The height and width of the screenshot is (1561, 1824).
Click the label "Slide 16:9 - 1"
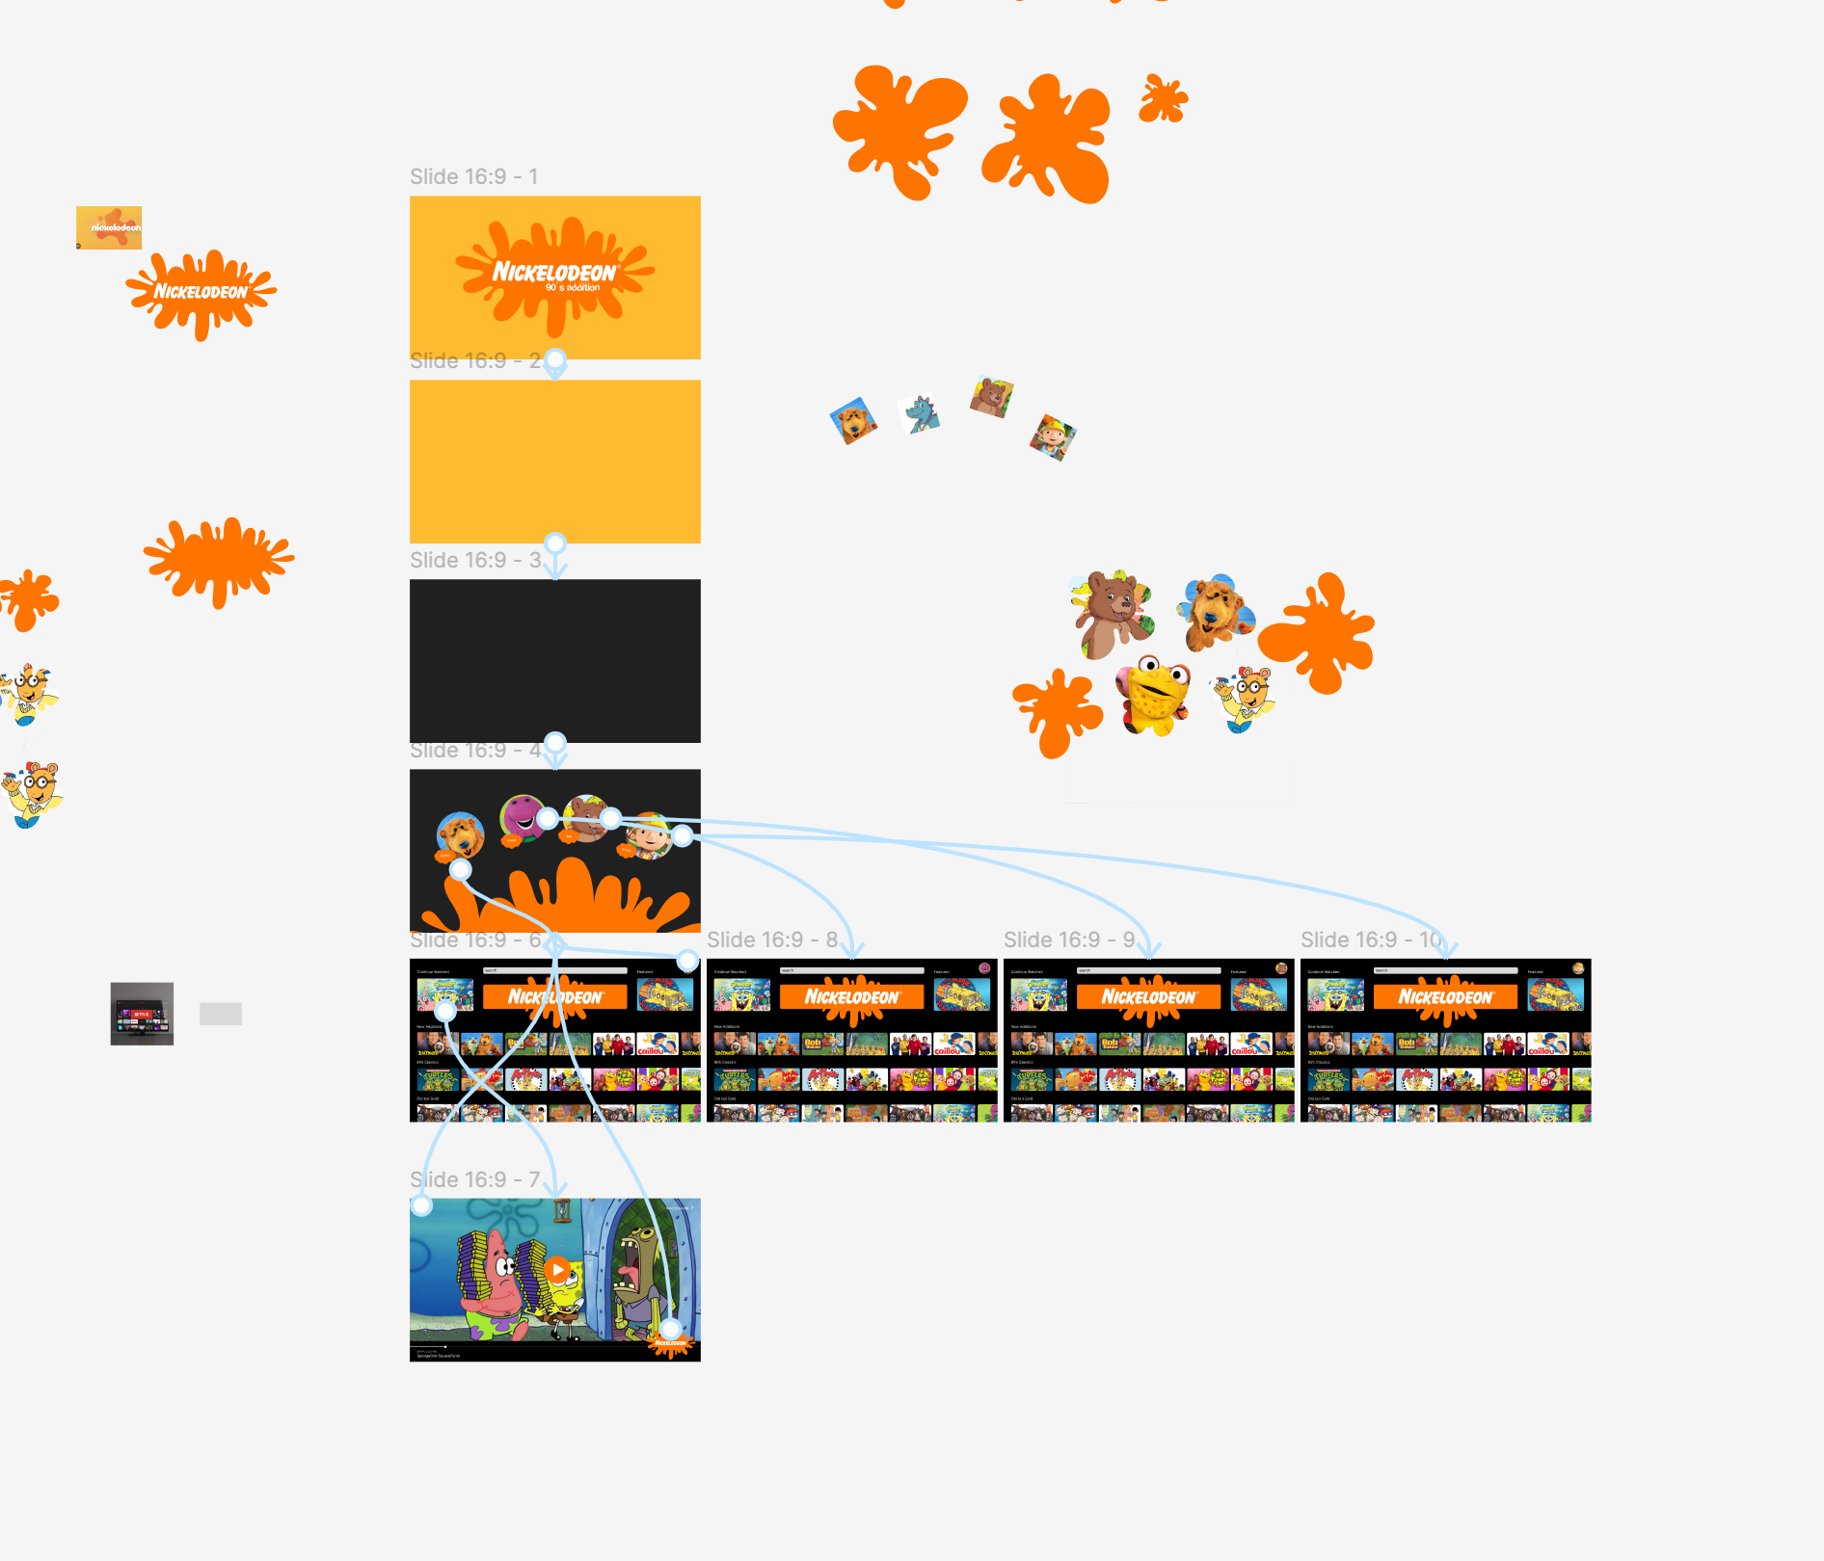[473, 177]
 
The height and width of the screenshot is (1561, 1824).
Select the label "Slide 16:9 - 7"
[473, 1180]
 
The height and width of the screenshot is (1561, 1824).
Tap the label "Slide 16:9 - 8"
[772, 940]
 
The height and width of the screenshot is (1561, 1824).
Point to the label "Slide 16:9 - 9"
[1069, 940]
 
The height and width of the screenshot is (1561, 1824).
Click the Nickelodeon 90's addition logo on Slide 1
[554, 275]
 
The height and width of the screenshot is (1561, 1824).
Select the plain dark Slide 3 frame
[554, 660]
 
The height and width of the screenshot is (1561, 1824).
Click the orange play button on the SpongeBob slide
[557, 1269]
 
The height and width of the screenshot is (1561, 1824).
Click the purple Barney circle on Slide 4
[522, 816]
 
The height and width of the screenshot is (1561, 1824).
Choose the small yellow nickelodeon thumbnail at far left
[109, 227]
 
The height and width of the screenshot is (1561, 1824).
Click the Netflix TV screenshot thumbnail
[142, 1014]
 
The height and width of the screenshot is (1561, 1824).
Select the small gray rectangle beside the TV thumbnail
[221, 1014]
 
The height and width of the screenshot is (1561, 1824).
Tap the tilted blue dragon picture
[921, 414]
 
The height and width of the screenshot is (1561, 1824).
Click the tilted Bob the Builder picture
[1052, 437]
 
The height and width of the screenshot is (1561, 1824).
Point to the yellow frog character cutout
[1154, 696]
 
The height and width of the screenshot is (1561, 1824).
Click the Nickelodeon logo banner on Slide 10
[1445, 997]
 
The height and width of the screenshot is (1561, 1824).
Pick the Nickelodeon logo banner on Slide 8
[851, 997]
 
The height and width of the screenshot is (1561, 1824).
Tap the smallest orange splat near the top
[1163, 98]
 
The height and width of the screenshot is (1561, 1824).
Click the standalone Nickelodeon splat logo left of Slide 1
[201, 292]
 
